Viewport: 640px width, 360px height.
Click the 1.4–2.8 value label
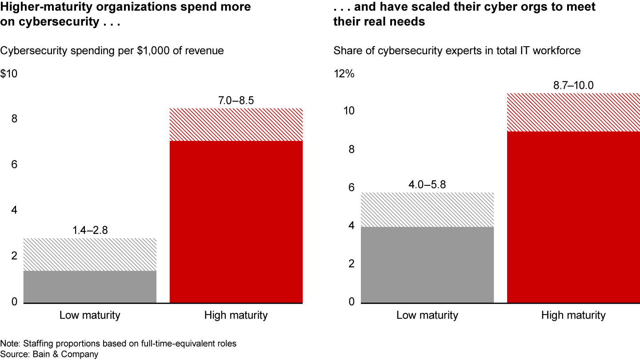pos(90,230)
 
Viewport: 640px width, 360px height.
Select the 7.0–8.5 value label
pos(236,100)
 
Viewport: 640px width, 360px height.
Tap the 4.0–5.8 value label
pos(427,184)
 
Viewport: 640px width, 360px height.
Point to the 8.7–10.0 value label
pos(573,85)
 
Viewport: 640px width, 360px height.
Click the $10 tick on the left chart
pos(9,74)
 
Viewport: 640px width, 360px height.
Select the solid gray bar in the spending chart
pos(90,287)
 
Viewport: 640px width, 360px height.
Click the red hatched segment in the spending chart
pos(236,124)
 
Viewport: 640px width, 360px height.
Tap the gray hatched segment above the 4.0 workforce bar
pos(427,210)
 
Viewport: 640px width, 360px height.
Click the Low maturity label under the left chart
pos(90,316)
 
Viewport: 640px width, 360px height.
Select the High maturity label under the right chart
pos(573,316)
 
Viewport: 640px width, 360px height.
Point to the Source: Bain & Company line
pos(49,354)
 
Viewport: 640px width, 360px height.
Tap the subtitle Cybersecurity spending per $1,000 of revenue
pos(112,51)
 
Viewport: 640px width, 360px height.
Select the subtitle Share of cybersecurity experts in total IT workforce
pos(457,51)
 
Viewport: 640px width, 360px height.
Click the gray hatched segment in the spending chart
pos(90,254)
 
